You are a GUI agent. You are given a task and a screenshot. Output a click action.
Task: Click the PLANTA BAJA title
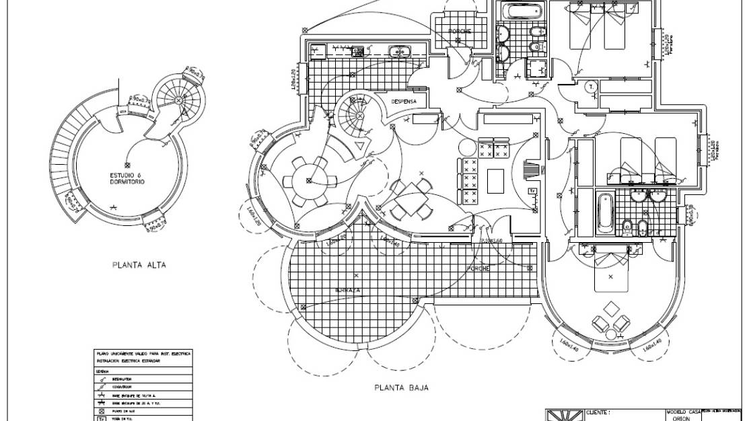[x=401, y=387]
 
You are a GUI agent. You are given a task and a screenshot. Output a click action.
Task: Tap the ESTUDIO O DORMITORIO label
[x=127, y=178]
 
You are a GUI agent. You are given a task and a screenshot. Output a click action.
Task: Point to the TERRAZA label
[x=349, y=291]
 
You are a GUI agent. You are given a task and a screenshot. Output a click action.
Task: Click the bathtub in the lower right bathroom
[x=604, y=212]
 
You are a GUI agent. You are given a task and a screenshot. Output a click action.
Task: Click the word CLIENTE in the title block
[x=598, y=412]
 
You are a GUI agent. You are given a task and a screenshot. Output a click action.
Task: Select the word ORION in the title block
[x=682, y=418]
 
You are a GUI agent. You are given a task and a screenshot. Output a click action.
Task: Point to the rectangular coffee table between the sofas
[x=496, y=179]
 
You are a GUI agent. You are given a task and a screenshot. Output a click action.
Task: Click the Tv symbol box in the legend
[x=100, y=418]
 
